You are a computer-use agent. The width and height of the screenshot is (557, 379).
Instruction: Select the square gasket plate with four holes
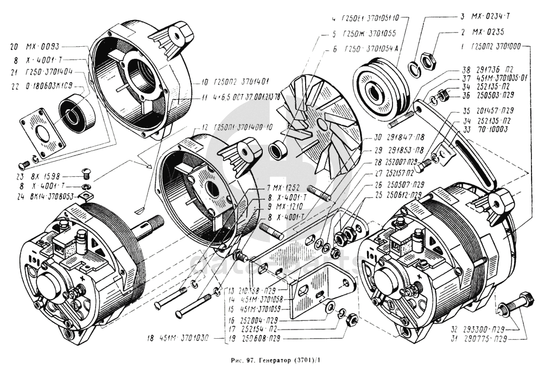pyautogui.click(x=45, y=132)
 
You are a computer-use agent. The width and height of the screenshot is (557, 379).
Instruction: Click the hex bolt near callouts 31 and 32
pyautogui.click(x=513, y=304)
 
